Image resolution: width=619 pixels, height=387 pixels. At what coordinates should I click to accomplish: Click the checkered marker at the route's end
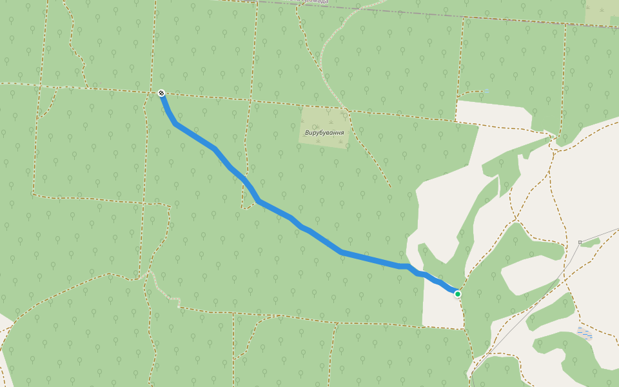(x=161, y=93)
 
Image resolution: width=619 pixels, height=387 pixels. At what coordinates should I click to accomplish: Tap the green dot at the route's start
(x=457, y=294)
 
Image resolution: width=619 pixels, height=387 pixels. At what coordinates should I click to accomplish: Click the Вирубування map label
(x=324, y=132)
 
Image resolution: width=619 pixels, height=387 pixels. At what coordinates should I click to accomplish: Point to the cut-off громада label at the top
(x=315, y=2)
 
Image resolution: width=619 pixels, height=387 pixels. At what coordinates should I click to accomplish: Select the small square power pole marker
(x=580, y=242)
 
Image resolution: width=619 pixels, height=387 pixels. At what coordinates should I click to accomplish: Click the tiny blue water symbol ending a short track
(x=487, y=91)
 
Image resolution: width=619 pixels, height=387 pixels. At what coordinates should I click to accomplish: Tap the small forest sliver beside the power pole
(x=591, y=242)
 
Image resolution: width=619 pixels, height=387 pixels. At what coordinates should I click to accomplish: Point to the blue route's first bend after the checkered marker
(x=175, y=124)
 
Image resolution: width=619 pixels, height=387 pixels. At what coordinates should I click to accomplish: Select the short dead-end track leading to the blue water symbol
(x=471, y=94)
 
